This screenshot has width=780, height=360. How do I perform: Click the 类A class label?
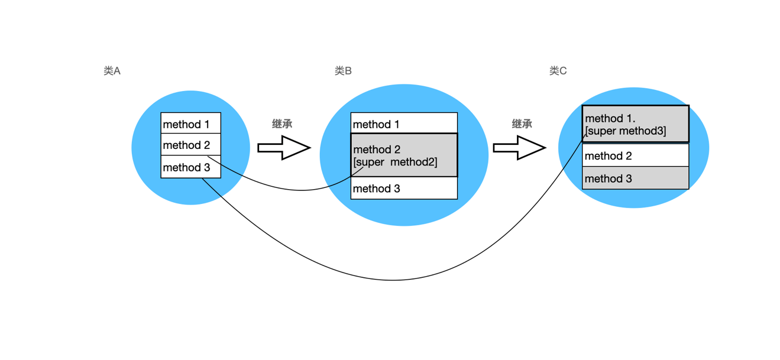112,71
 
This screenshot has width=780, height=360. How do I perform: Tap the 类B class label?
343,71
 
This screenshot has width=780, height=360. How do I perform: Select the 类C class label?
558,71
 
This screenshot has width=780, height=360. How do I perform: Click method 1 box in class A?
190,124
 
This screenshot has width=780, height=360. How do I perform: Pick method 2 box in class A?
190,145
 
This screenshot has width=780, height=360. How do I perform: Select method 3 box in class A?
190,167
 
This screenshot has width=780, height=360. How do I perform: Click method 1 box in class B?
404,124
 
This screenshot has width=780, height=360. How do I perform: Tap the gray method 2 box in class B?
404,155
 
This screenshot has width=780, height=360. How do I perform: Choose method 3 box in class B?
404,189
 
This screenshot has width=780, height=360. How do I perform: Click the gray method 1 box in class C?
635,124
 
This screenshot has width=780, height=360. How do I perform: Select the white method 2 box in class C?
635,155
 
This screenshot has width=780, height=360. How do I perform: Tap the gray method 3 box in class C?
635,178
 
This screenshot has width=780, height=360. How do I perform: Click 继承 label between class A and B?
282,124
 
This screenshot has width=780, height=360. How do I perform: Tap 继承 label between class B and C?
522,124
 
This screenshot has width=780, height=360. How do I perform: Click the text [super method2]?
395,162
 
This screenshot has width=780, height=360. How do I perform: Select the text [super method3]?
626,131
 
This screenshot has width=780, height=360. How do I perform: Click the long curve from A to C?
393,280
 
